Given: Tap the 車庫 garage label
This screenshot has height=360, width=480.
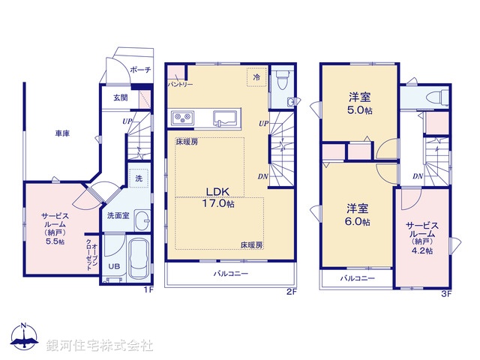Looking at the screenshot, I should (x=61, y=133).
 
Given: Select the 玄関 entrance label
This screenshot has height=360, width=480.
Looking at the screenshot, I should (x=121, y=97).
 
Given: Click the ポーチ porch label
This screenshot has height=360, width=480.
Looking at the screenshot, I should (x=140, y=70).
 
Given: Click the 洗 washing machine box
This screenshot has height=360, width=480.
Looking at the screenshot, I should (x=138, y=179).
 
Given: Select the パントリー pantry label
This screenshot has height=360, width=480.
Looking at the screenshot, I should (x=180, y=84).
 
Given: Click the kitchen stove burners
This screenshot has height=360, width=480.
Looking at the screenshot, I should (x=184, y=117).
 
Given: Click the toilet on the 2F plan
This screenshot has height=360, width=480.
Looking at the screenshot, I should (x=282, y=81).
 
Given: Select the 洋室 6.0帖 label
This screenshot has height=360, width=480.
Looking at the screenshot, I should (x=357, y=214).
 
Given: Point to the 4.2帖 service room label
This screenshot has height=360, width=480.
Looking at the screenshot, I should (x=420, y=238).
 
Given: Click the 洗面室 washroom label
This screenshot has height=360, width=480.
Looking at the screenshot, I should (x=118, y=215).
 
